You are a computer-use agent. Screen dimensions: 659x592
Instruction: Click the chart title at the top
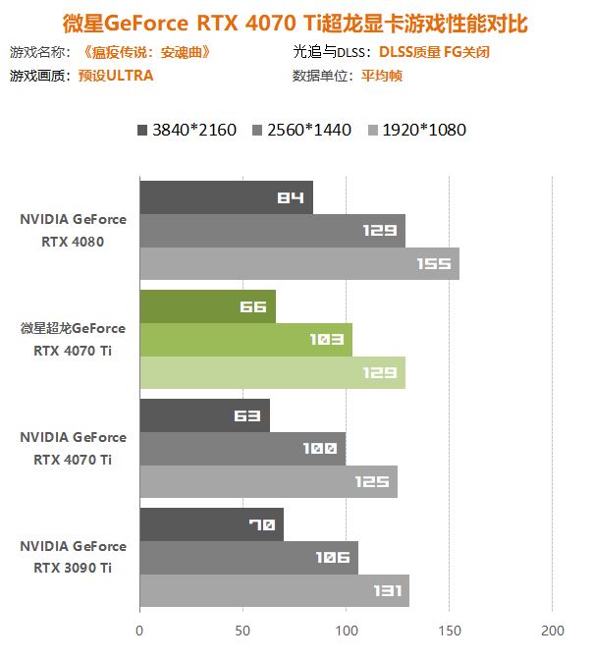[296, 22]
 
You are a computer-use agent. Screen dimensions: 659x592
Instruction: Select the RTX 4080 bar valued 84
[226, 197]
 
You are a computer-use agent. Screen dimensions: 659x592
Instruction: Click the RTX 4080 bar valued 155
[299, 264]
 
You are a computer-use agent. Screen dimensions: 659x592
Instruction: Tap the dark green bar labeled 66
[207, 306]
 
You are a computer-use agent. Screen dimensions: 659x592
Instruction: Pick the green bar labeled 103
[245, 340]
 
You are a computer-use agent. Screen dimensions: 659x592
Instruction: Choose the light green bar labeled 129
[272, 373]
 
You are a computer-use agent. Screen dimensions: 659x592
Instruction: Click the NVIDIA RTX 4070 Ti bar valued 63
[204, 415]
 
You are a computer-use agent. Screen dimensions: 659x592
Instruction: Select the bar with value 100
[242, 449]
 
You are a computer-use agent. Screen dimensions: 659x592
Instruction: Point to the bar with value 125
[268, 482]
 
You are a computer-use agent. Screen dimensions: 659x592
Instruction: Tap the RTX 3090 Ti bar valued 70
[211, 524]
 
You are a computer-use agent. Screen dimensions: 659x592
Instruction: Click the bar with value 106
[248, 558]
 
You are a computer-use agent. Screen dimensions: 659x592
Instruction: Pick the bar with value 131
[274, 591]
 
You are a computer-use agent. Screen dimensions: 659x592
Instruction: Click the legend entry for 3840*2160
[188, 130]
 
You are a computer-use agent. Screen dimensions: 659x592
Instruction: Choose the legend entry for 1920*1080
[417, 130]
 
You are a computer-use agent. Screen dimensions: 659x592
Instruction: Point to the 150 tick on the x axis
[449, 630]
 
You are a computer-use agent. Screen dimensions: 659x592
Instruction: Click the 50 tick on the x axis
[242, 630]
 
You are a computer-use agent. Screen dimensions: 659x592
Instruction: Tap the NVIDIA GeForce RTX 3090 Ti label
[73, 557]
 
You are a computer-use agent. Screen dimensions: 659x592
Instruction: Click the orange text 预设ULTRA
[116, 75]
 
